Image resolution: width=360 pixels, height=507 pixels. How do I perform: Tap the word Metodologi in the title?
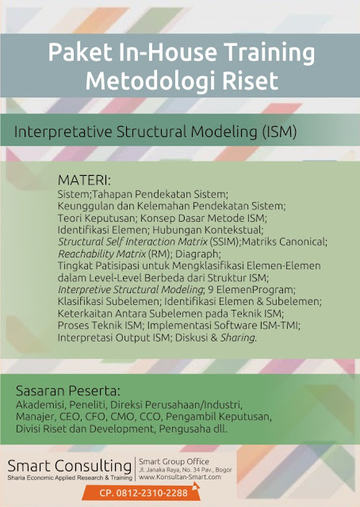[147, 80]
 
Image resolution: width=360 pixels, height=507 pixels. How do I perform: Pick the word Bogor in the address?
[242, 469]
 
